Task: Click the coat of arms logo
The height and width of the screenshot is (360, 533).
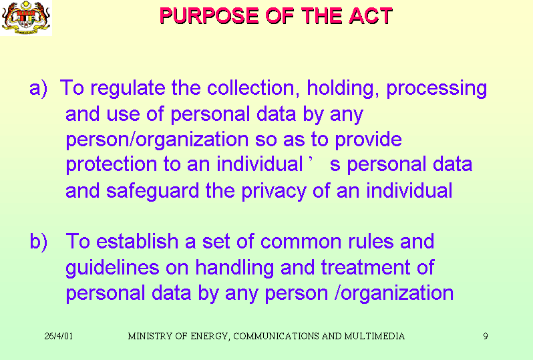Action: [26, 17]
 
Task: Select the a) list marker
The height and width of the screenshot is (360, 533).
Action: [38, 88]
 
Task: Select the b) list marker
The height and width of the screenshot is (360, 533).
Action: [39, 242]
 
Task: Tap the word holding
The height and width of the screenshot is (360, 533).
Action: [343, 89]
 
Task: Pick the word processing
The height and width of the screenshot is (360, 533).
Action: [436, 89]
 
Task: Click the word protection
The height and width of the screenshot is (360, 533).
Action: [111, 165]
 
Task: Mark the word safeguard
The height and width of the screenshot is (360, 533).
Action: [152, 191]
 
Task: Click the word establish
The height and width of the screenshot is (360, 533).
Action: [137, 241]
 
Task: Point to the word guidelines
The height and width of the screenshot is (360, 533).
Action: [112, 268]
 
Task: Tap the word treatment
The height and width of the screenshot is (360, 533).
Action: [365, 267]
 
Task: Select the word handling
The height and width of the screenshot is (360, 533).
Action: [234, 268]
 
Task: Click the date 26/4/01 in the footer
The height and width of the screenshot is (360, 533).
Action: [59, 336]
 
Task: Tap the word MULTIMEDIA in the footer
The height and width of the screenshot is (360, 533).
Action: [374, 336]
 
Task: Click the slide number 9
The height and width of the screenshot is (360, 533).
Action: [486, 336]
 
